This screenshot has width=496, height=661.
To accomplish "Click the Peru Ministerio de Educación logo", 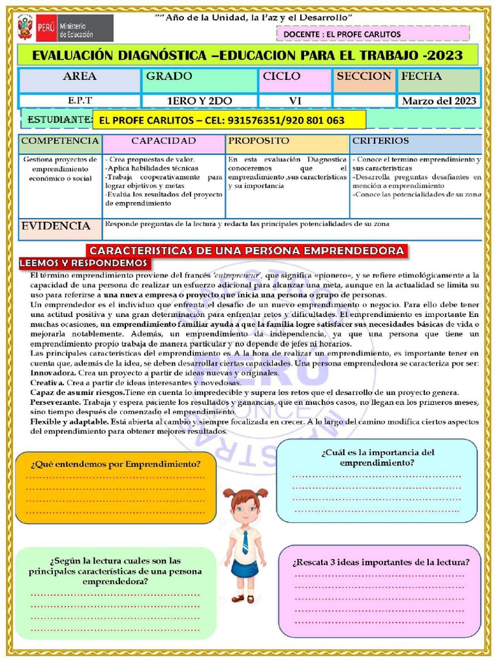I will (65, 28).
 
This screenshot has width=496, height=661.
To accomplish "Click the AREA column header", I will (79, 77).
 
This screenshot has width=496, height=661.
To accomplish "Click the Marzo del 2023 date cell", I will (439, 101).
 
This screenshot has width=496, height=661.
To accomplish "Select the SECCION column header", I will (364, 77).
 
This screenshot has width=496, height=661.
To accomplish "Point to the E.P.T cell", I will (79, 101).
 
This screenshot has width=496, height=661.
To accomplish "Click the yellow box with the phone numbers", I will (229, 120).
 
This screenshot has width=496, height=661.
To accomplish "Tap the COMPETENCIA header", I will (60, 141).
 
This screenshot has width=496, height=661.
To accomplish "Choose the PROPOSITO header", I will (259, 141).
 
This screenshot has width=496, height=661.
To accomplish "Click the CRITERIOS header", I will (380, 141).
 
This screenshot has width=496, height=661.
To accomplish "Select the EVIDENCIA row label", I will (56, 226).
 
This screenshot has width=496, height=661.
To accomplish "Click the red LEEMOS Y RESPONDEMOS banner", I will (85, 263).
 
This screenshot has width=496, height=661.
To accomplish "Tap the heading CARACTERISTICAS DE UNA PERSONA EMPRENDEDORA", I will (247, 250).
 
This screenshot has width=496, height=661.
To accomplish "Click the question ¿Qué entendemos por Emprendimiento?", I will (115, 464).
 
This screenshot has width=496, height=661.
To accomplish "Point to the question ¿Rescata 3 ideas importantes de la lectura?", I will (380, 562).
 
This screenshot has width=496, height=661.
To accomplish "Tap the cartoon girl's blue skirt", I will (245, 568).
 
